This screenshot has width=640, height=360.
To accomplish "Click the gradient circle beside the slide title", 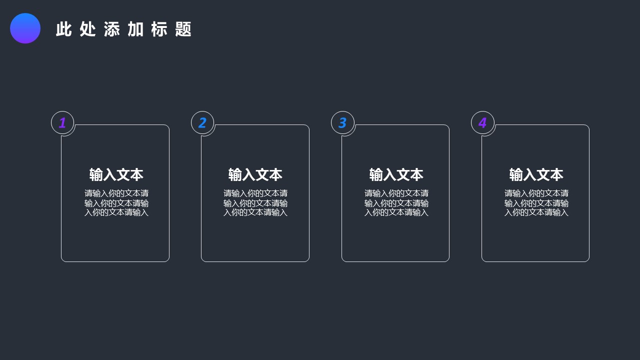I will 25,28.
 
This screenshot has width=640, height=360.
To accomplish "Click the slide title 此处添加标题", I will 123,29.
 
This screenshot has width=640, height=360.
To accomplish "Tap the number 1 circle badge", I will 62,122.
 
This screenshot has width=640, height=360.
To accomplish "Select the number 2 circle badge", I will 202,122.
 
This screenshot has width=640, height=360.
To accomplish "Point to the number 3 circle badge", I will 342,122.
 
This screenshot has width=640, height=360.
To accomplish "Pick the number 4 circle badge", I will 482,122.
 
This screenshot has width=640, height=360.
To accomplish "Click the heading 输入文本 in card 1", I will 116,174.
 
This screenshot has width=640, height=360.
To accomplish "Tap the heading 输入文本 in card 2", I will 255,174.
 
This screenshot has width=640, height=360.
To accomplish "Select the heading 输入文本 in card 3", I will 396,174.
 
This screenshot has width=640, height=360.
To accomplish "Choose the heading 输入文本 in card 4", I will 536,174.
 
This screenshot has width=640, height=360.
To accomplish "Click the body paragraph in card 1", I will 116,202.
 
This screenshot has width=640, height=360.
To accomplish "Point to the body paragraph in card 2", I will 255,202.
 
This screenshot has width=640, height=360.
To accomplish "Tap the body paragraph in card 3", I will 396,202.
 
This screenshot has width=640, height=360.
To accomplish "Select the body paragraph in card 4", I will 536,202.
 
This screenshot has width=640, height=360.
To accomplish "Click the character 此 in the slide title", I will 63,29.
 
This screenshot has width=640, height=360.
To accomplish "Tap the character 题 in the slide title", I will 183,29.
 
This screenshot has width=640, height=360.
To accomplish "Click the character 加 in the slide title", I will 135,29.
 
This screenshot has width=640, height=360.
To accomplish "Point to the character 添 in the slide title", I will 111,29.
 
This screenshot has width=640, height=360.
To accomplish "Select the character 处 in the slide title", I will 87,29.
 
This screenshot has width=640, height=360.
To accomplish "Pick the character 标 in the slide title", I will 159,29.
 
